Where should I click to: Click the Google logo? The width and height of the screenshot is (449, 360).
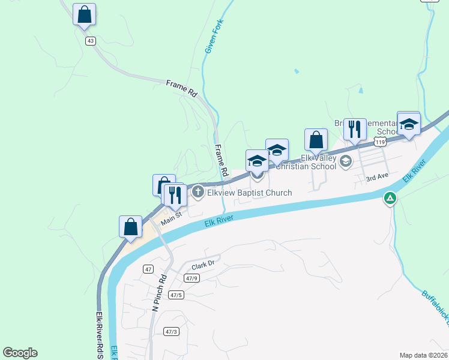(x=20, y=353)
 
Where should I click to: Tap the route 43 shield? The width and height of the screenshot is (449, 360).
(x=91, y=41)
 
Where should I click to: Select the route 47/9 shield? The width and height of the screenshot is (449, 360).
(x=192, y=278)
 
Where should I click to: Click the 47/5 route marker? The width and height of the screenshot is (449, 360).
(x=176, y=295)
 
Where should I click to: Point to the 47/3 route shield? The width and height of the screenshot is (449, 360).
(x=171, y=331)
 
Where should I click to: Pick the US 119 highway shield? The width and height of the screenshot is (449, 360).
(x=379, y=142)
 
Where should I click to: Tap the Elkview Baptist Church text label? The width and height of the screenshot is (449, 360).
(x=249, y=193)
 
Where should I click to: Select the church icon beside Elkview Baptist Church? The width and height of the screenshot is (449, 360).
(x=198, y=193)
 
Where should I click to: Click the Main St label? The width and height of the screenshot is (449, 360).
(x=170, y=214)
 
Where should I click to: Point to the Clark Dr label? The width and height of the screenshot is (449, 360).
(x=203, y=264)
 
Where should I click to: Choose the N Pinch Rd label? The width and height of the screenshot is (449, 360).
(x=158, y=293)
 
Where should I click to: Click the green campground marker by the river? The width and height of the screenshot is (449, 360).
(x=390, y=198)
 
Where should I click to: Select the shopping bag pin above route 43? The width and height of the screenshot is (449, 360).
(x=85, y=14)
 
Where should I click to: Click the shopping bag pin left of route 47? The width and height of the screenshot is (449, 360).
(x=130, y=227)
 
